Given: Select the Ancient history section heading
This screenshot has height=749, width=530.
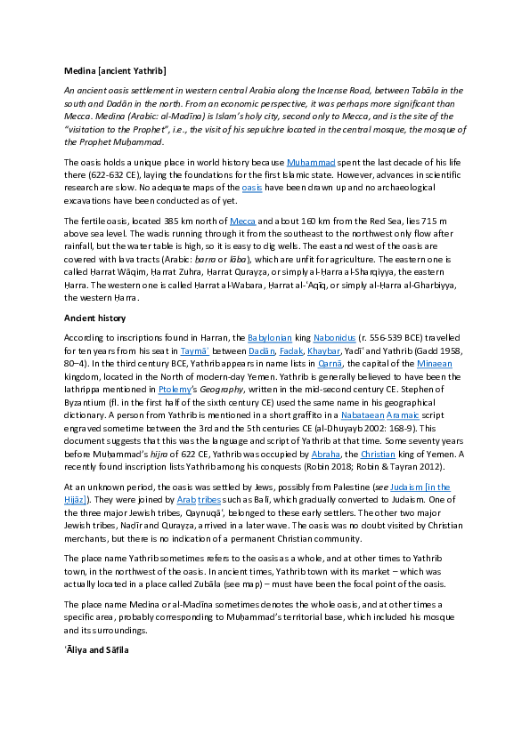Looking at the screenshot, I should (x=94, y=318).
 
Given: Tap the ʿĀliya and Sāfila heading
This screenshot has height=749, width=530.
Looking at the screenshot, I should (x=96, y=650).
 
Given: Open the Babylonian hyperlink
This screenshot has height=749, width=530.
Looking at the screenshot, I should (x=270, y=339).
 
